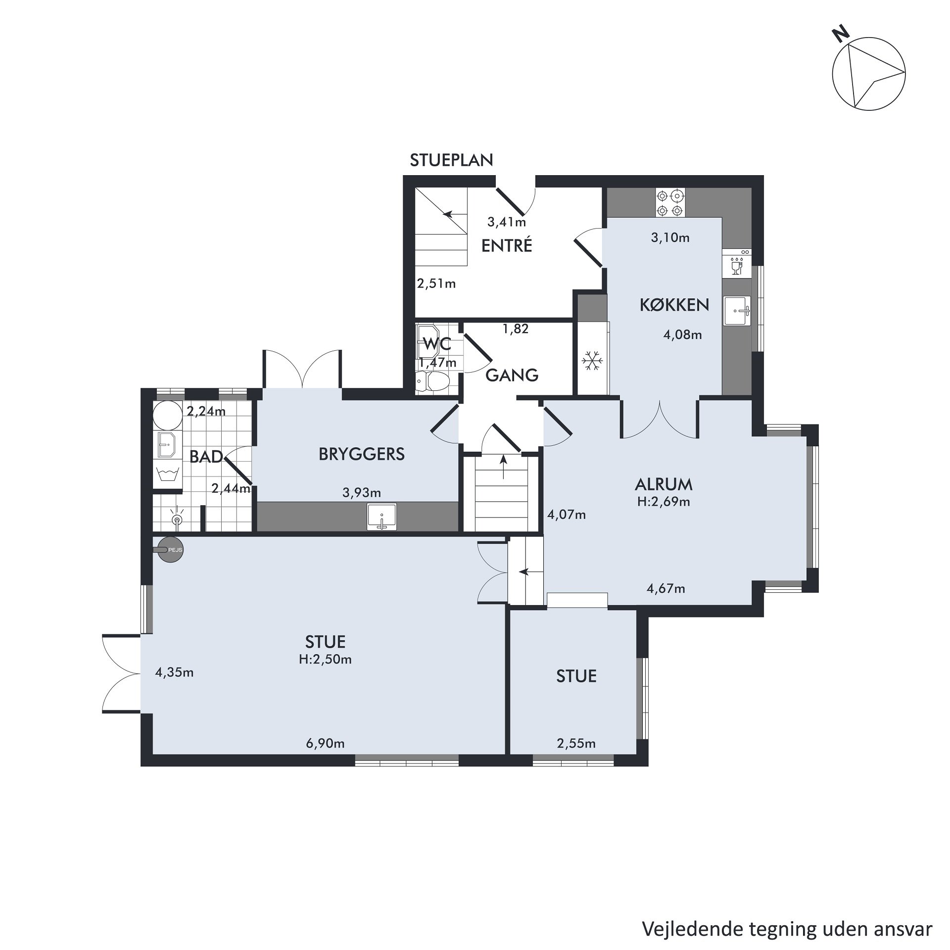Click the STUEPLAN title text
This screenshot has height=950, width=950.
click(x=452, y=160)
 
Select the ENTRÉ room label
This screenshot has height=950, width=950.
click(x=507, y=245)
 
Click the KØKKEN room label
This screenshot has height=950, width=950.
click(x=674, y=305)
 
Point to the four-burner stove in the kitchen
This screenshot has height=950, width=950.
click(x=670, y=203)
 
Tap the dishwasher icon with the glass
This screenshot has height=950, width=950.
click(x=737, y=265)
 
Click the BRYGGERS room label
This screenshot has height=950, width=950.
click(x=362, y=454)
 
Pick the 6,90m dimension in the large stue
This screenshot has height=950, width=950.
click(x=325, y=743)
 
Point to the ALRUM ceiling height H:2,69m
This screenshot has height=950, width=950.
click(x=664, y=502)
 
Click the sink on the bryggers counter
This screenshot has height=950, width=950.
click(x=381, y=517)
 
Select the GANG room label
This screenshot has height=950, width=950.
click(x=512, y=376)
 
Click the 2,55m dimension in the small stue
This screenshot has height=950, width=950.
click(x=576, y=743)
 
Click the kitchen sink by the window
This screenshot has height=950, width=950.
click(x=737, y=311)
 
